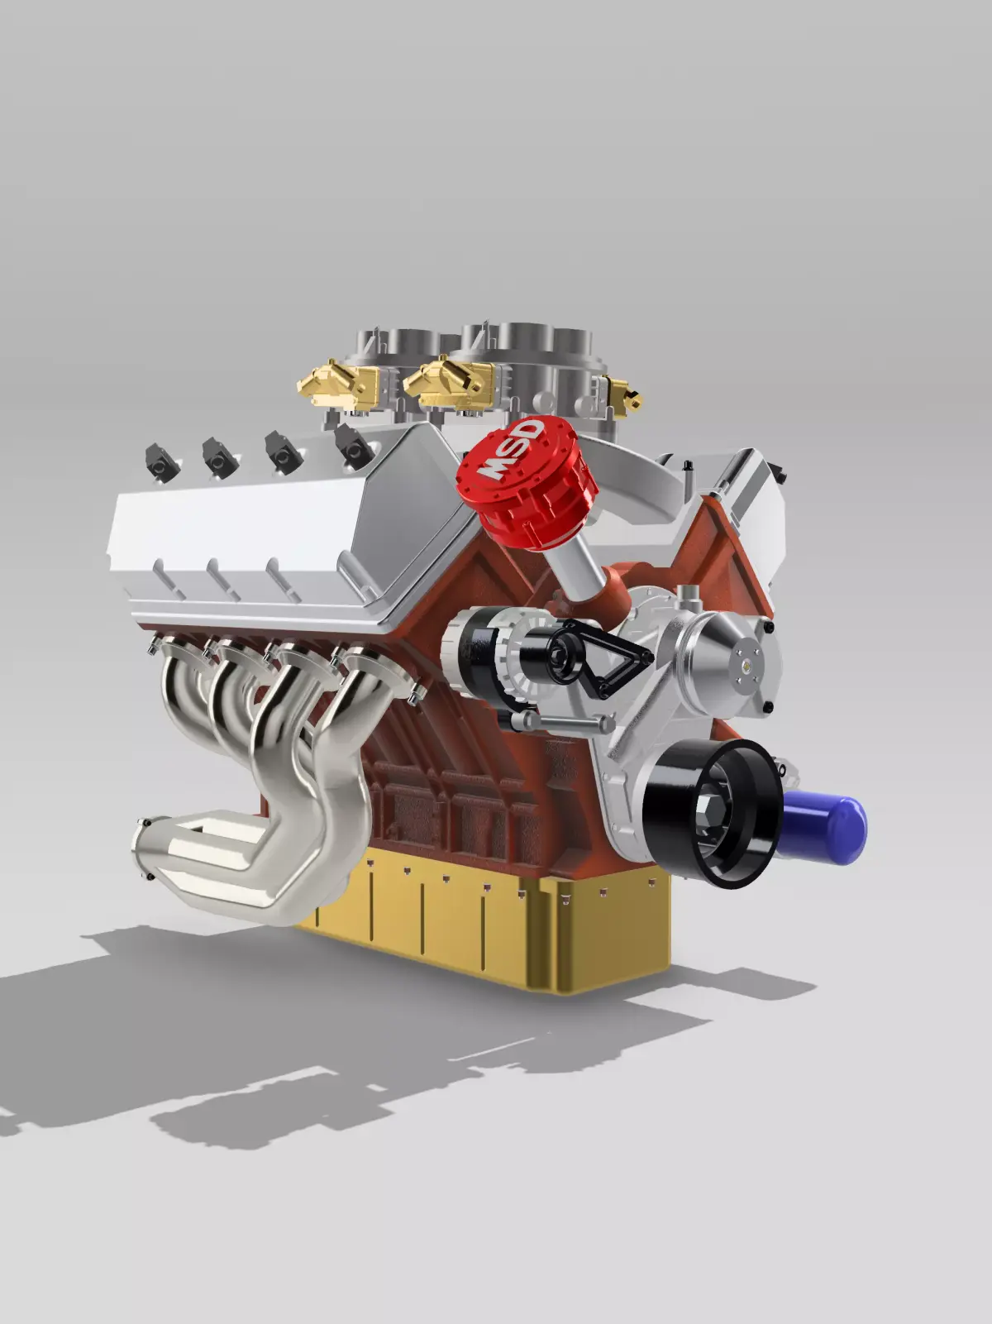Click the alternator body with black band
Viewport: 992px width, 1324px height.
pos(488,653)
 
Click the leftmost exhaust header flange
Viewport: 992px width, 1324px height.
pos(178,645)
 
